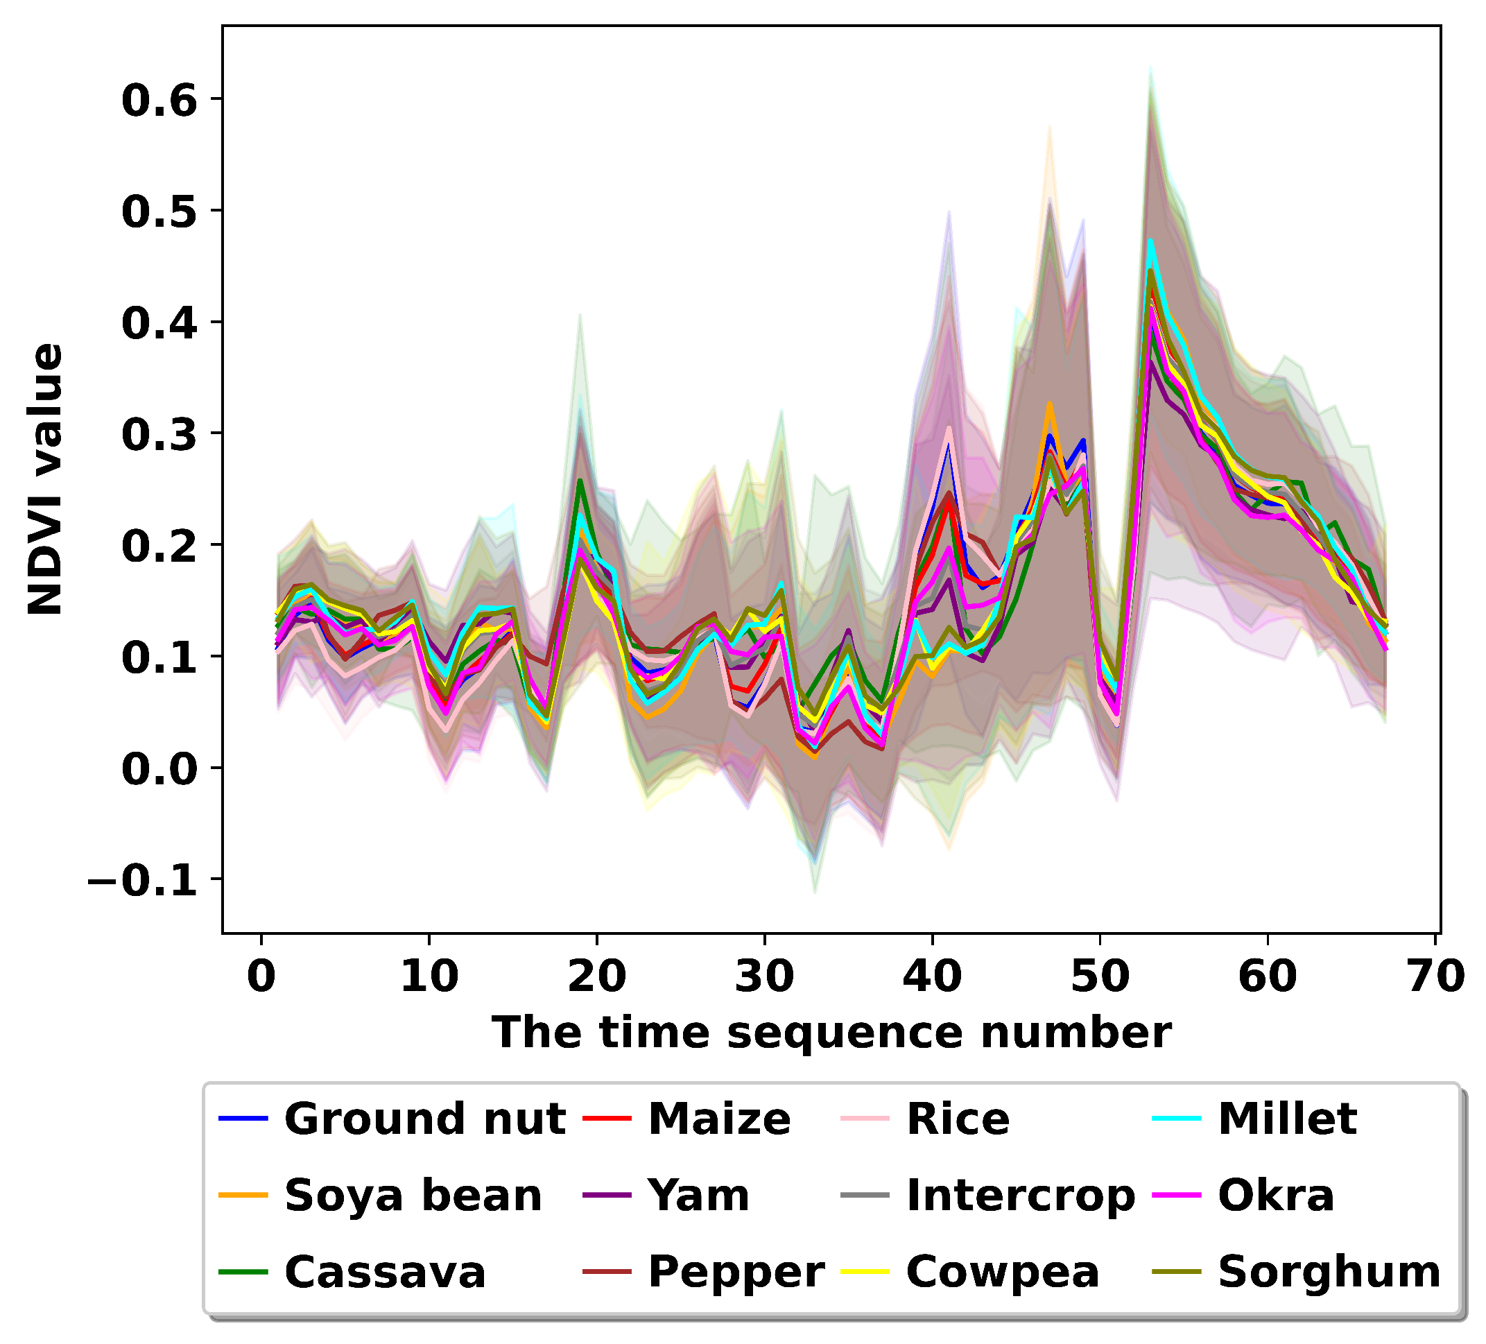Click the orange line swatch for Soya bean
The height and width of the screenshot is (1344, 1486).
pos(243,1194)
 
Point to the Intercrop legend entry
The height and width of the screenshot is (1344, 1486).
pos(1020,1195)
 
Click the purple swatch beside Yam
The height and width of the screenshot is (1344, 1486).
pos(606,1194)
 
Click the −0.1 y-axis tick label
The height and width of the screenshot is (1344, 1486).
pos(143,880)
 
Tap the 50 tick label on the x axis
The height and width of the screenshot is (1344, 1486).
pos(1100,976)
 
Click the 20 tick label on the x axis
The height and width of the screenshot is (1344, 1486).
pos(596,976)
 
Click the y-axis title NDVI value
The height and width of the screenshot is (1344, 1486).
pos(46,479)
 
